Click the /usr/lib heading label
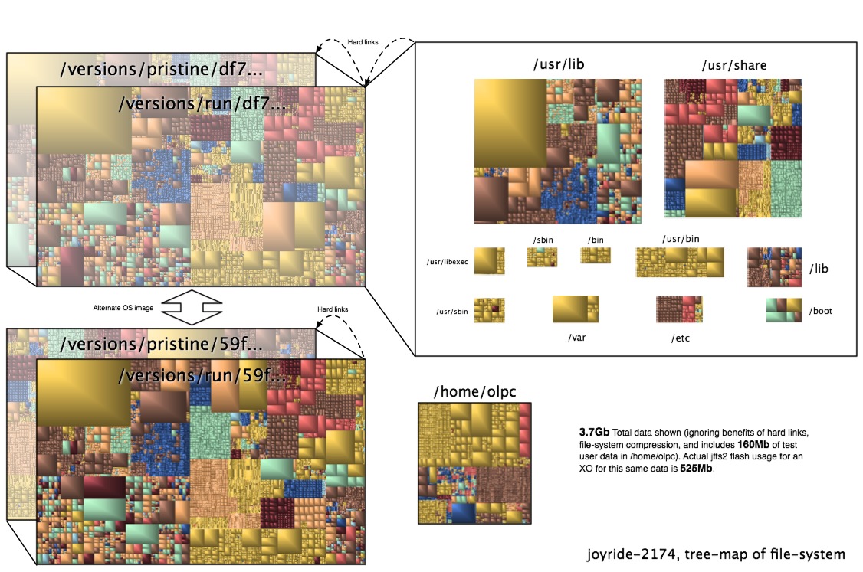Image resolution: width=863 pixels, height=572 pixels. pyautogui.click(x=560, y=66)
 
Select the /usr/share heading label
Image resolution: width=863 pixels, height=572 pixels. pyautogui.click(x=733, y=66)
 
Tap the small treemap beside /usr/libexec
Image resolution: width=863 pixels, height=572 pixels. pyautogui.click(x=489, y=261)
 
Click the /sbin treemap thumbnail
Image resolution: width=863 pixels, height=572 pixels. pyautogui.click(x=541, y=257)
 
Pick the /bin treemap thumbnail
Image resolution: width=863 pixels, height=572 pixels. pyautogui.click(x=595, y=255)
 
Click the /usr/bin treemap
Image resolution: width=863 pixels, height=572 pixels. pyautogui.click(x=679, y=262)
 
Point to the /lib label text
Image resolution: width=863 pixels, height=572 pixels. pyautogui.click(x=819, y=269)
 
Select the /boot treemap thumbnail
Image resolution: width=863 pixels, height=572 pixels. pyautogui.click(x=783, y=310)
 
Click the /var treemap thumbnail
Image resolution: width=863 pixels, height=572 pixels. pyautogui.click(x=575, y=309)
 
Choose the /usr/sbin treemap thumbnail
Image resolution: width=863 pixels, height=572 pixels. pyautogui.click(x=489, y=310)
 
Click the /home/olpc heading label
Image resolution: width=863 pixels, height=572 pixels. pyautogui.click(x=475, y=391)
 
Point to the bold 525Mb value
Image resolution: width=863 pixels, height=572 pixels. pyautogui.click(x=697, y=468)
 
